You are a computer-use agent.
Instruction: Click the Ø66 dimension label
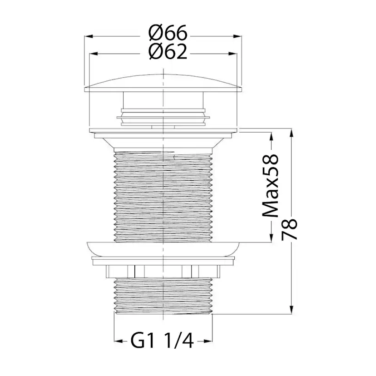tap(168, 33)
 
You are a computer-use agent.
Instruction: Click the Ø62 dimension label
tap(168, 52)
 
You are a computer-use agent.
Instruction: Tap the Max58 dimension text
tap(271, 186)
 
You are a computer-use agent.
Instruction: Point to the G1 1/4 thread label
tap(162, 341)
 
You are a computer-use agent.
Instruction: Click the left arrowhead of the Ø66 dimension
tap(89, 36)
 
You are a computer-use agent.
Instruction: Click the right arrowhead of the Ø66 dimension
tap(237, 36)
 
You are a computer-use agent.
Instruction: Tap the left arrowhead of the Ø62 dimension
tap(94, 54)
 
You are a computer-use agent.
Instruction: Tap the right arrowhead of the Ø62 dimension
tap(233, 54)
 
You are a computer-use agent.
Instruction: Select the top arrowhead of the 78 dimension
tap(292, 134)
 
